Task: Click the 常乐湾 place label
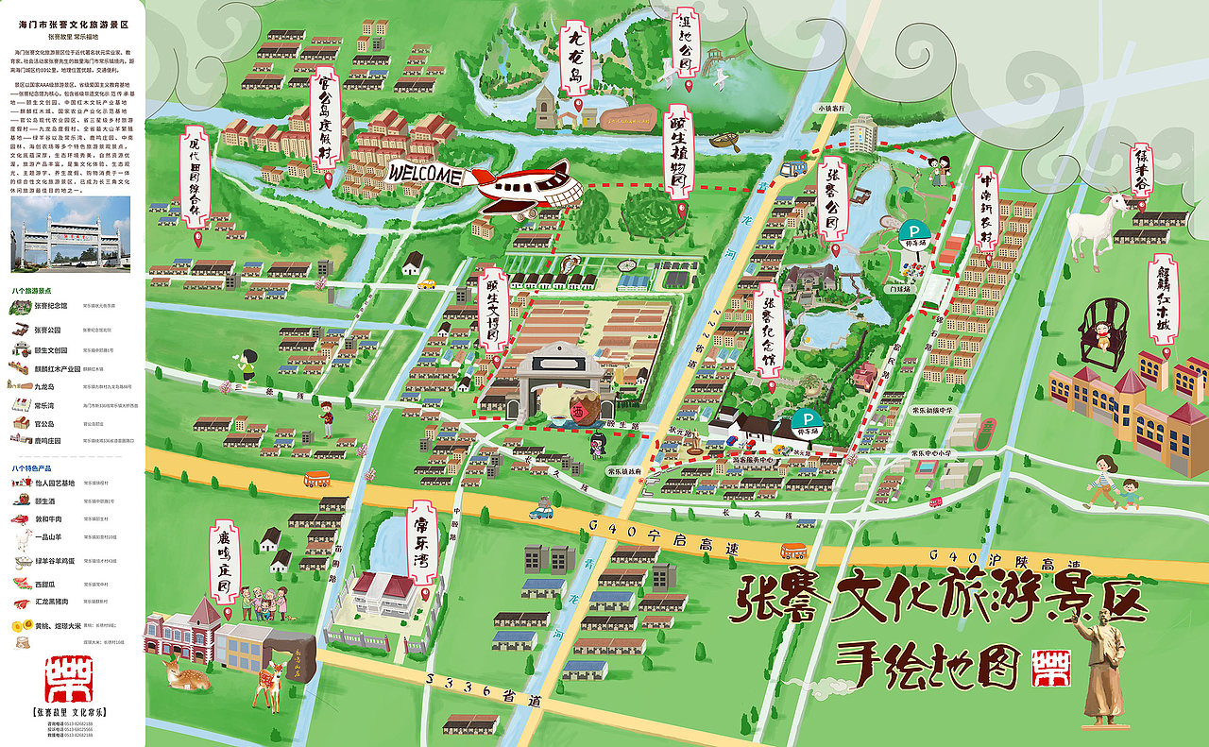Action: (421, 547)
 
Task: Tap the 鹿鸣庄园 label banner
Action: (224, 566)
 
